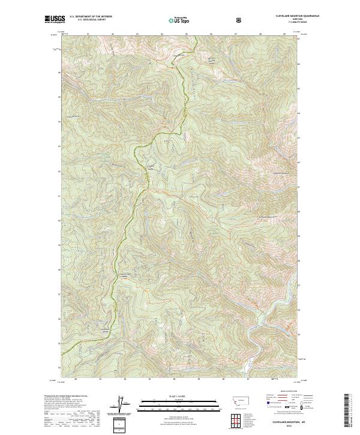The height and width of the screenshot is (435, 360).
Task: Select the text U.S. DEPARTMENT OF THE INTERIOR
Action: click(x=91, y=17)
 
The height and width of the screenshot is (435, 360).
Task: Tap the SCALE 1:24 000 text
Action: click(x=173, y=396)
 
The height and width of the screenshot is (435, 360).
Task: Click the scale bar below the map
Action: click(x=173, y=404)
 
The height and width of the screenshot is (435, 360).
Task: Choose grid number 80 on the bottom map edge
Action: click(x=76, y=379)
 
